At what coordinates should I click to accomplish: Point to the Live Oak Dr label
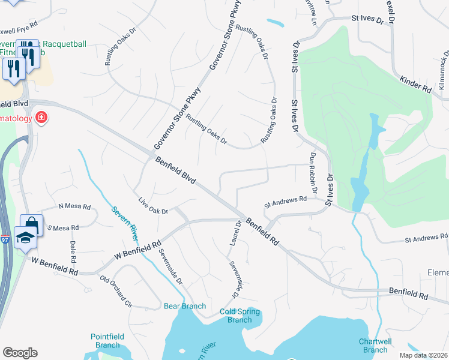pyautogui.click(x=152, y=206)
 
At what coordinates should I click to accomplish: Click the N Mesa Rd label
pyautogui.click(x=74, y=207)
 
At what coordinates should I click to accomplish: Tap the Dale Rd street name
pyautogui.click(x=73, y=253)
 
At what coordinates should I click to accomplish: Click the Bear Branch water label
pyautogui.click(x=185, y=306)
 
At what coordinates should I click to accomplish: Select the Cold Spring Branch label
pyautogui.click(x=240, y=316)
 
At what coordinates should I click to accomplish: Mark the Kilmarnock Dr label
pyautogui.click(x=442, y=71)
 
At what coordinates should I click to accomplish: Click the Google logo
pyautogui.click(x=20, y=353)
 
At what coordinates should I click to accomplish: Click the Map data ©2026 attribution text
pyautogui.click(x=423, y=355)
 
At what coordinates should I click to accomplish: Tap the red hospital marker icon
pyautogui.click(x=41, y=118)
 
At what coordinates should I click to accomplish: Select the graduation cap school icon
pyautogui.click(x=26, y=238)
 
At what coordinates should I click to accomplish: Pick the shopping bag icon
pyautogui.click(x=32, y=225)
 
